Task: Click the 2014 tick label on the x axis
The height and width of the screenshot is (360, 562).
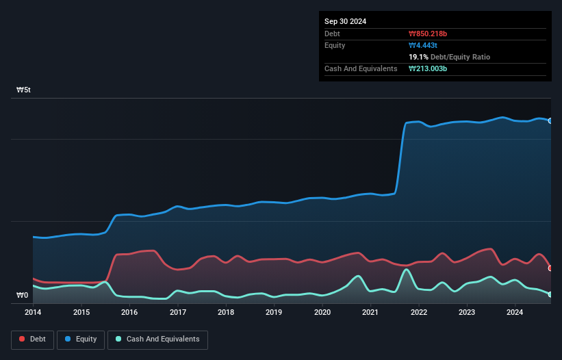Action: pos(33,313)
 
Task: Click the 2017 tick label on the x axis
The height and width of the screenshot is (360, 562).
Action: pos(178,313)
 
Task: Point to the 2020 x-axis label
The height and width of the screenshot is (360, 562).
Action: pos(322,313)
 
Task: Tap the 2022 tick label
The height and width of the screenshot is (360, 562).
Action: pos(419,313)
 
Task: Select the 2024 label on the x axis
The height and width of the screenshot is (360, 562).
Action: pos(515,313)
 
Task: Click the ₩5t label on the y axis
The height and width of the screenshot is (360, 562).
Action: pos(24,90)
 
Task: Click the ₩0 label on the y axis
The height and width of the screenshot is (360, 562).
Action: pos(23,296)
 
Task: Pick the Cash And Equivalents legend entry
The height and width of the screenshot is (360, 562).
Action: pos(157,339)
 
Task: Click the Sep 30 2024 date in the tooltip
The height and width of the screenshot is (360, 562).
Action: pos(345,21)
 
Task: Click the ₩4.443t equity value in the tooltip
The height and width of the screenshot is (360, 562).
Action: pos(423,45)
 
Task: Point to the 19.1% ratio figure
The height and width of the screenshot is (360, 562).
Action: pos(418,57)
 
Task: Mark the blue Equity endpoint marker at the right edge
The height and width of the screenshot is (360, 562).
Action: pos(550,120)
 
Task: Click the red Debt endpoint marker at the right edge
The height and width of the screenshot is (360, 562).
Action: pos(550,268)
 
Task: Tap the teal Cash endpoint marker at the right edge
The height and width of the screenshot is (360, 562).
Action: pos(550,294)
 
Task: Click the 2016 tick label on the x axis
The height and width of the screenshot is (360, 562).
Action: pos(129,313)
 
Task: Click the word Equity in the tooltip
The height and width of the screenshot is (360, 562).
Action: pos(335,45)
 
